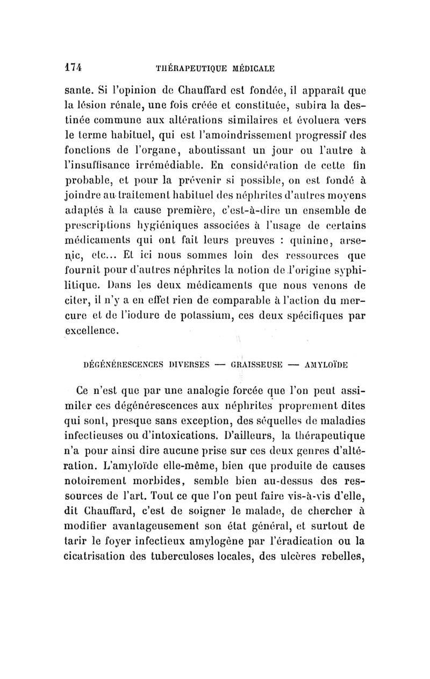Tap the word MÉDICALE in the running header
(248, 69)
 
